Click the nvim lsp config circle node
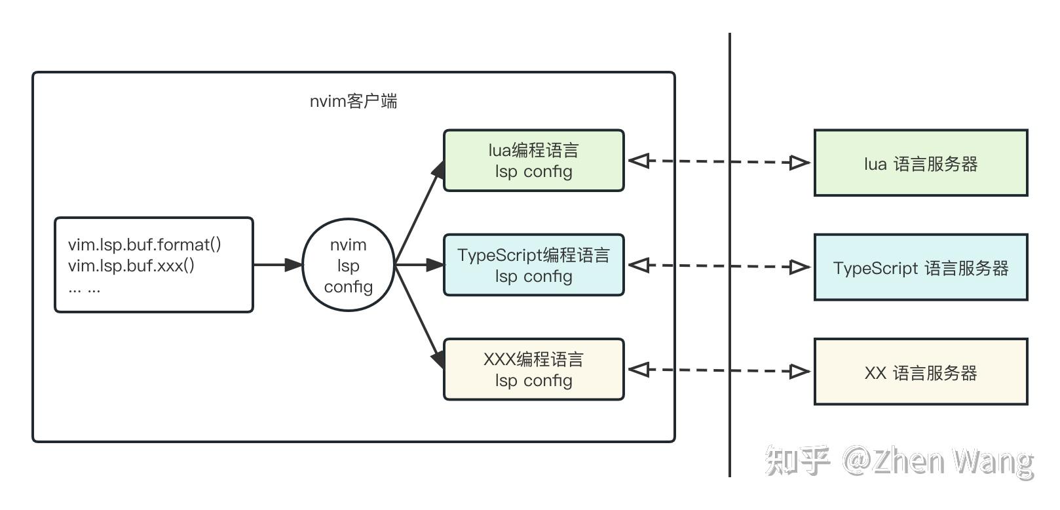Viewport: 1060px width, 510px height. (348, 265)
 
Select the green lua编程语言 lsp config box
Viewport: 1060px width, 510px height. (533, 161)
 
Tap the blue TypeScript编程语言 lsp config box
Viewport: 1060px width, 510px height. (533, 265)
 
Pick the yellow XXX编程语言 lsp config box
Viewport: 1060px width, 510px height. (533, 369)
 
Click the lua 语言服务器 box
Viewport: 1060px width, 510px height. (920, 163)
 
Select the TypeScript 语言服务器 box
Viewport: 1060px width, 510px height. (920, 267)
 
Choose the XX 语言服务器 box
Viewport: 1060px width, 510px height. (920, 372)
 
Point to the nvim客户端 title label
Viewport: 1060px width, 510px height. (353, 101)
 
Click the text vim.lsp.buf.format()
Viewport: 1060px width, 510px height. (144, 245)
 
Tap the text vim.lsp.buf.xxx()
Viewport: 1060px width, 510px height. (131, 265)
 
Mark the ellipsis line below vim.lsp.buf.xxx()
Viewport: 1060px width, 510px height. (85, 288)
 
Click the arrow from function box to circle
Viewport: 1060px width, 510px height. (278, 265)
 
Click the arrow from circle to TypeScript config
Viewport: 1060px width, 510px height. (419, 265)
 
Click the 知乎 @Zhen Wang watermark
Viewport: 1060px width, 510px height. (899, 461)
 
